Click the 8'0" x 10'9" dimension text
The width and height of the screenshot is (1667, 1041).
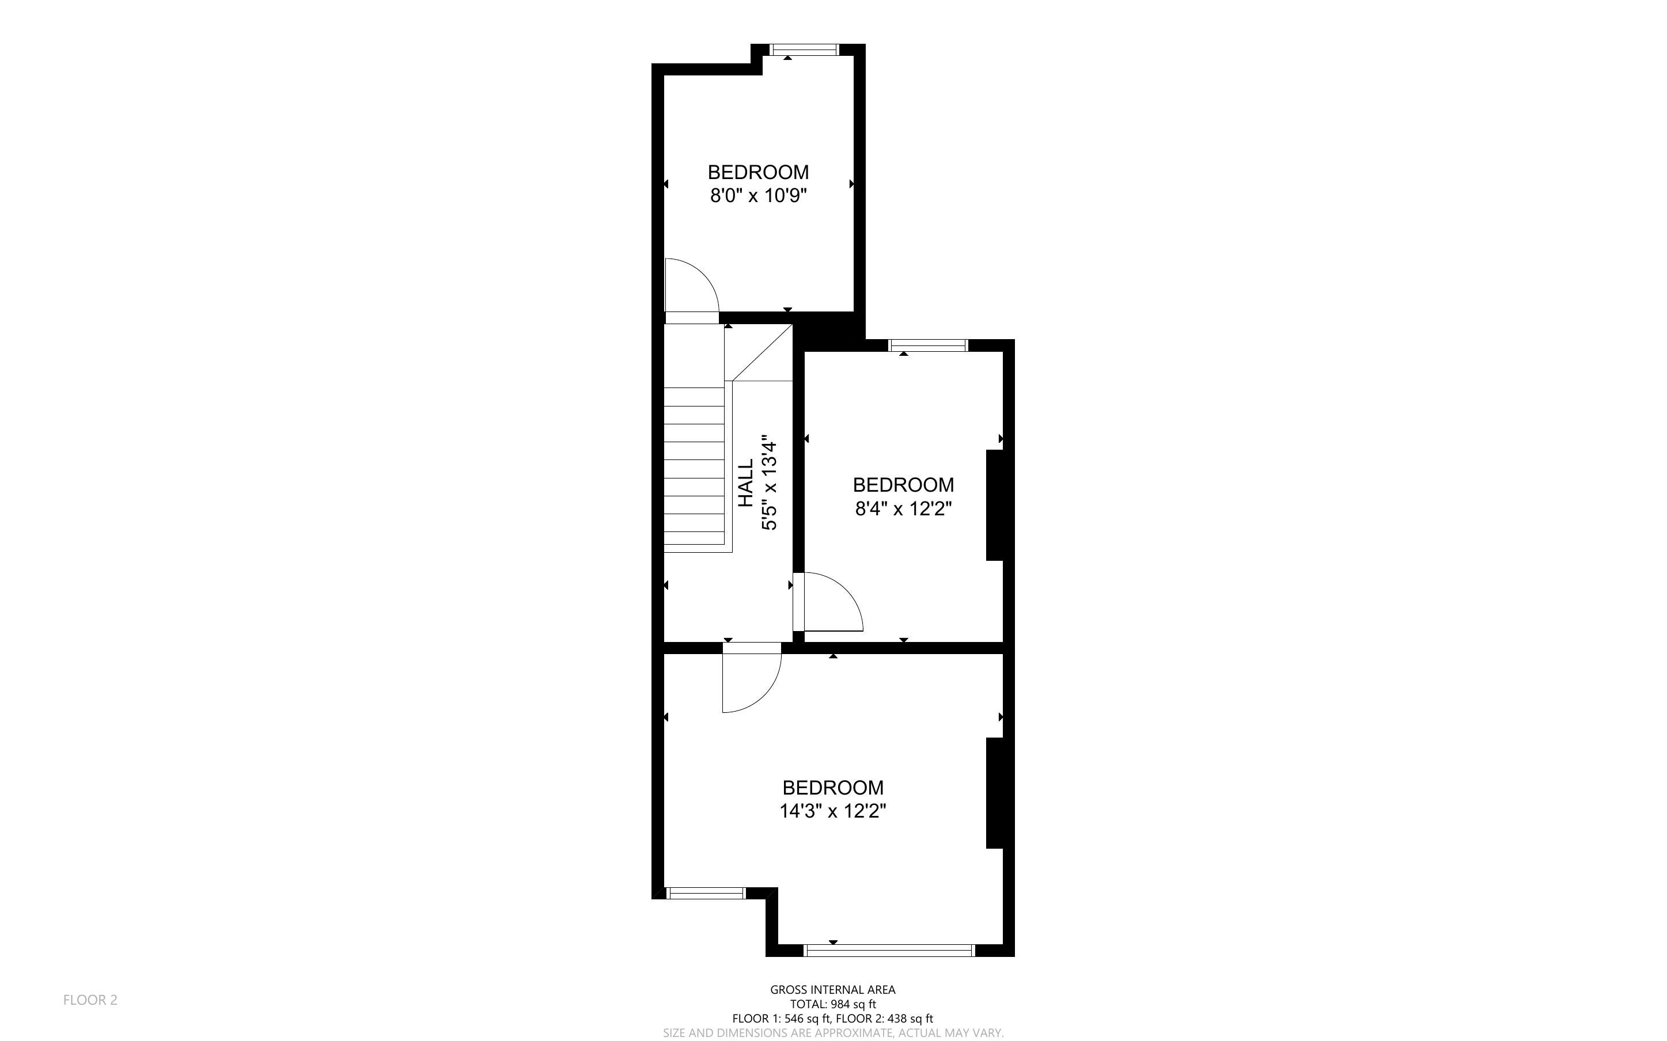[758, 196]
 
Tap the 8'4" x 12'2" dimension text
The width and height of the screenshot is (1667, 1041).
[903, 509]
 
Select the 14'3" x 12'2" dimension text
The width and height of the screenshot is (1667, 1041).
[832, 811]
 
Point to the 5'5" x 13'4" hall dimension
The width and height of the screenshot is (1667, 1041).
[769, 486]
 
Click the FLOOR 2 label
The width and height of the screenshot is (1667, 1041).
[90, 1000]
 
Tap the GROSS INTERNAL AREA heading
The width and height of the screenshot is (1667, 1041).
[832, 989]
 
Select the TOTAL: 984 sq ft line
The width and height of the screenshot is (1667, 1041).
[832, 1004]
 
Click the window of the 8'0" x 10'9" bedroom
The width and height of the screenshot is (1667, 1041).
[804, 50]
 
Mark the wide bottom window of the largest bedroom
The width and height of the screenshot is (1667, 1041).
[889, 950]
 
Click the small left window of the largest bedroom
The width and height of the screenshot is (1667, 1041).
[706, 893]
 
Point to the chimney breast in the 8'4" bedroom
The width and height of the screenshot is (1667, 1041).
[995, 506]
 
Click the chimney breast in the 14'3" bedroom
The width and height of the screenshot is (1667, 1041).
[995, 793]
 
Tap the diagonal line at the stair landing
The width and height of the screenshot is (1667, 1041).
[763, 352]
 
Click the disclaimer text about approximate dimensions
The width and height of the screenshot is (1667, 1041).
[833, 1033]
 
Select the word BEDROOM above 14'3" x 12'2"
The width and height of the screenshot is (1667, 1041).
[832, 787]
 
